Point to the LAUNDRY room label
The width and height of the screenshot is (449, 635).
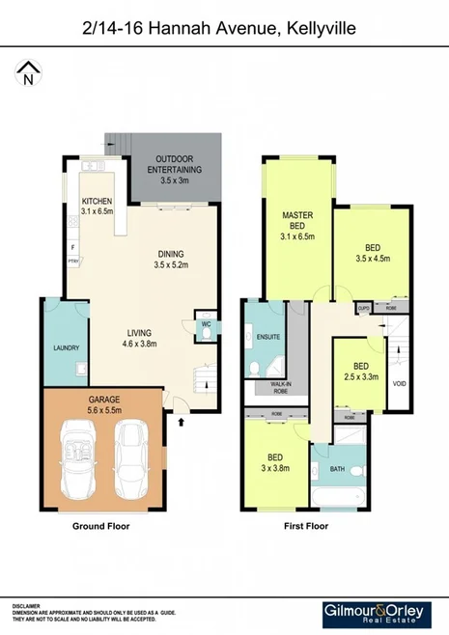point(65,348)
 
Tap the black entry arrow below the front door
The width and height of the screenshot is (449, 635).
point(182,420)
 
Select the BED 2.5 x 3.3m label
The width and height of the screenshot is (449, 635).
point(361,371)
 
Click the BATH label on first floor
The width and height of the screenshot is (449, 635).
point(337,469)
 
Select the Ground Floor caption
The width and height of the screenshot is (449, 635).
point(101,527)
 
